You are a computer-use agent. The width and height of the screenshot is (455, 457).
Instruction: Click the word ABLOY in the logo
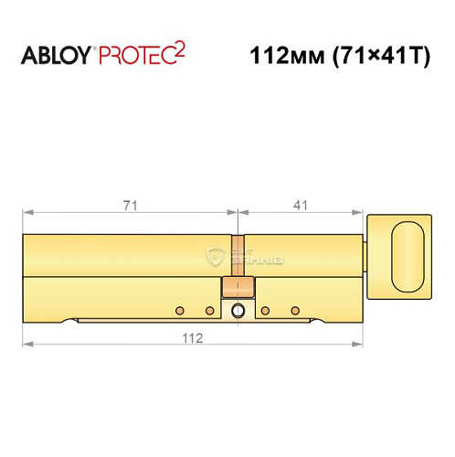click(x=56, y=56)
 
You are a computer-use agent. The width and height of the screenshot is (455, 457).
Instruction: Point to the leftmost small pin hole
click(x=180, y=310)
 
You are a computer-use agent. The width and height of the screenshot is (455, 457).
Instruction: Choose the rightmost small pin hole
click(x=294, y=310)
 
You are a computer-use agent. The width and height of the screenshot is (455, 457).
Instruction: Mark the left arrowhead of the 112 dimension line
click(x=26, y=345)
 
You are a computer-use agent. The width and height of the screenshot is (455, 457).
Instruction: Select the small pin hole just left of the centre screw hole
click(x=209, y=310)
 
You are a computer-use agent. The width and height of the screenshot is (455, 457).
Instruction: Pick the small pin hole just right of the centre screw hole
click(x=265, y=310)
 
